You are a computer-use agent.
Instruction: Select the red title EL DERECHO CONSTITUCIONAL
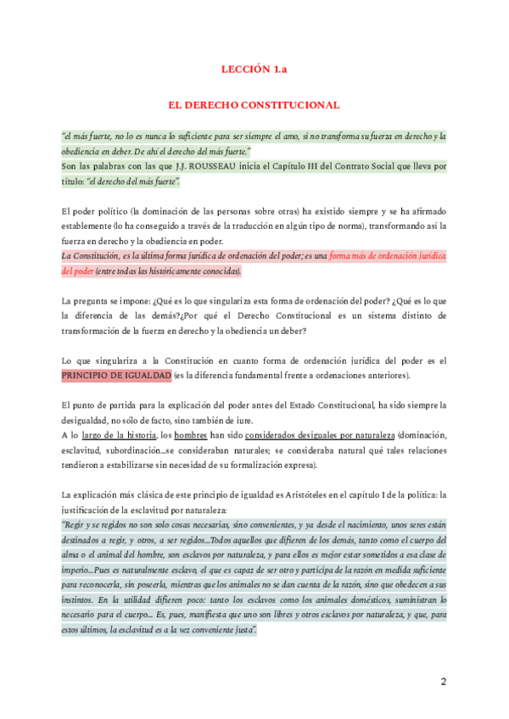[x=254, y=105]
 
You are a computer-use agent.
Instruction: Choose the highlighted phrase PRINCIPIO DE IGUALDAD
[x=116, y=376]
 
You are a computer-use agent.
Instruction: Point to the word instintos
[x=79, y=600]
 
